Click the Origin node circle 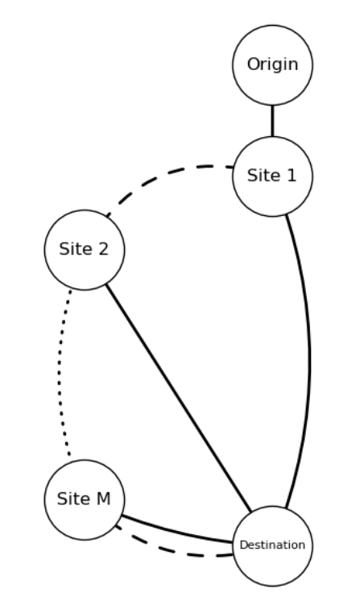[x=272, y=65]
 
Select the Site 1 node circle [x=272, y=176]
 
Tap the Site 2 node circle [x=84, y=250]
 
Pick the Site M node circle [x=84, y=500]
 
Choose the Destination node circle [x=272, y=545]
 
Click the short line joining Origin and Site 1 [x=272, y=121]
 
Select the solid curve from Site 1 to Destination [x=309, y=355]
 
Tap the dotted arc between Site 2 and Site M [x=58, y=375]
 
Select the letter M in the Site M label [x=103, y=500]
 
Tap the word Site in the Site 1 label [x=263, y=176]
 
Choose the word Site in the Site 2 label [x=74, y=250]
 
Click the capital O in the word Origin [x=253, y=65]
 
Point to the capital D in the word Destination [x=242, y=545]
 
